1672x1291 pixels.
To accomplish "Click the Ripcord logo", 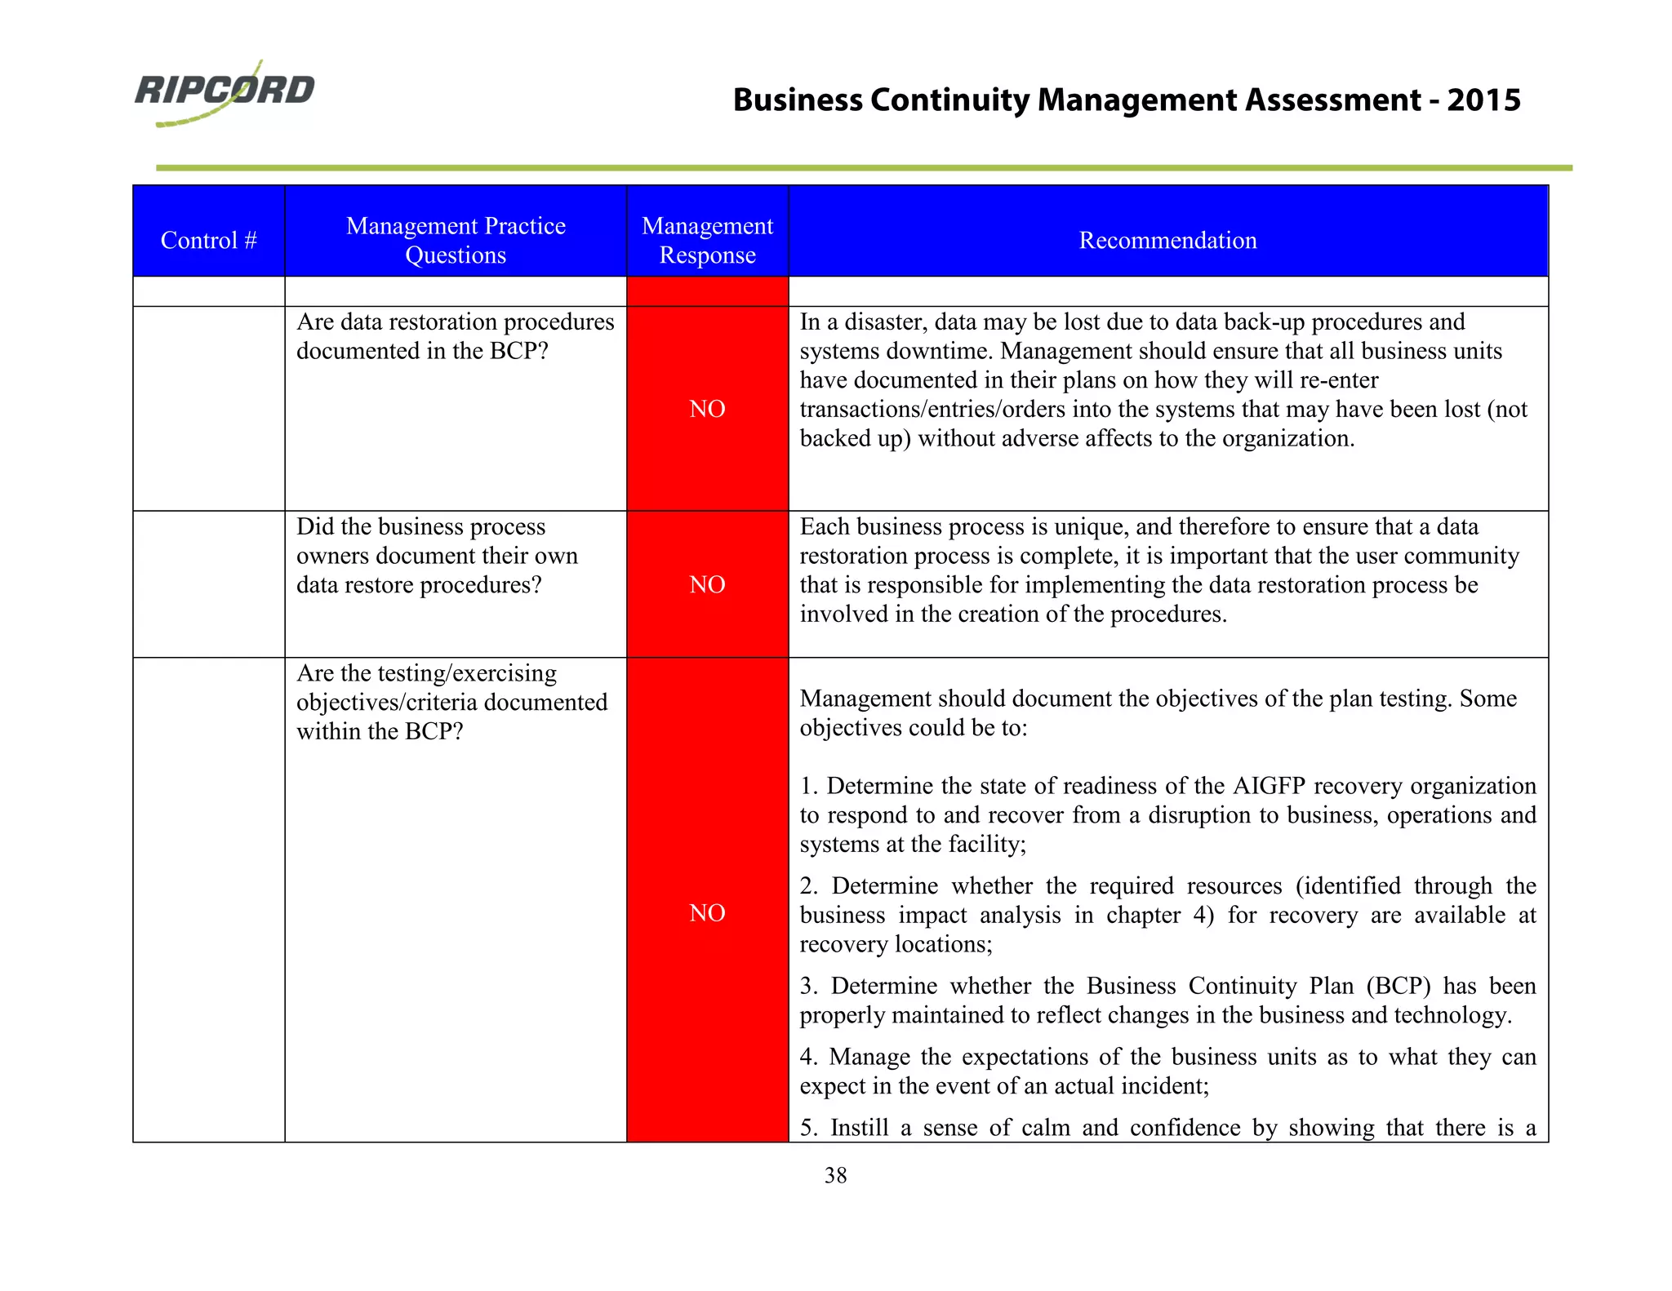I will pos(225,91).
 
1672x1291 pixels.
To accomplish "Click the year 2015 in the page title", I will pos(1483,100).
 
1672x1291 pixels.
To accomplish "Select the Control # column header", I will pos(208,240).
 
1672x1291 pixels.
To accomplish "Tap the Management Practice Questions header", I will pos(456,240).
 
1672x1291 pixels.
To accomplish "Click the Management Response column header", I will pos(707,240).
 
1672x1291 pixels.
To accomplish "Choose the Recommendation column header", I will pos(1167,240).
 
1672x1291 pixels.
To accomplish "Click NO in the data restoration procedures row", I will pos(707,409).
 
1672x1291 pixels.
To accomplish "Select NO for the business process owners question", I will pos(707,584).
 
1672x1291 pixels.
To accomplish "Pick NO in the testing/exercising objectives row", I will pos(707,912).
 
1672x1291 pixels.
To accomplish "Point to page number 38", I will pos(835,1175).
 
